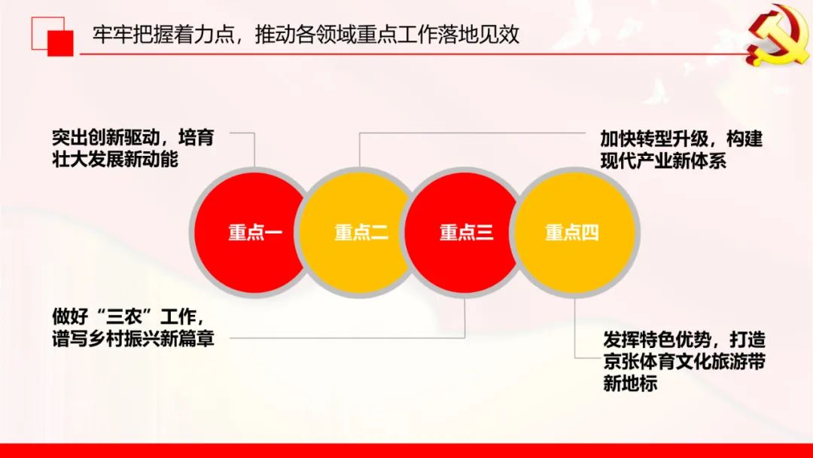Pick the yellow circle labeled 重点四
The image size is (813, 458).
(x=574, y=232)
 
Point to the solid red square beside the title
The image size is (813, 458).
(x=61, y=42)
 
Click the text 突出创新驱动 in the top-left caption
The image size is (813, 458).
(x=106, y=138)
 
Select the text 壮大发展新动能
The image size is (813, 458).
(x=115, y=159)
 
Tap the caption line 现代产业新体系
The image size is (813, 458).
(x=664, y=160)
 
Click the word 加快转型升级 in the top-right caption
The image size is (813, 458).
(x=654, y=139)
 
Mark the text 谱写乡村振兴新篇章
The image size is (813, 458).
(x=133, y=338)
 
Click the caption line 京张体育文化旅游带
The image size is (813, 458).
(x=684, y=362)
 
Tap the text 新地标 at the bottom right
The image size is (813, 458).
(x=630, y=383)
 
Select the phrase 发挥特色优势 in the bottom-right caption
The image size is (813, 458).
(x=657, y=340)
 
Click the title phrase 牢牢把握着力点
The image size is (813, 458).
(x=163, y=34)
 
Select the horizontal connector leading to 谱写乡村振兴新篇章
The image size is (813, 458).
(x=347, y=338)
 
